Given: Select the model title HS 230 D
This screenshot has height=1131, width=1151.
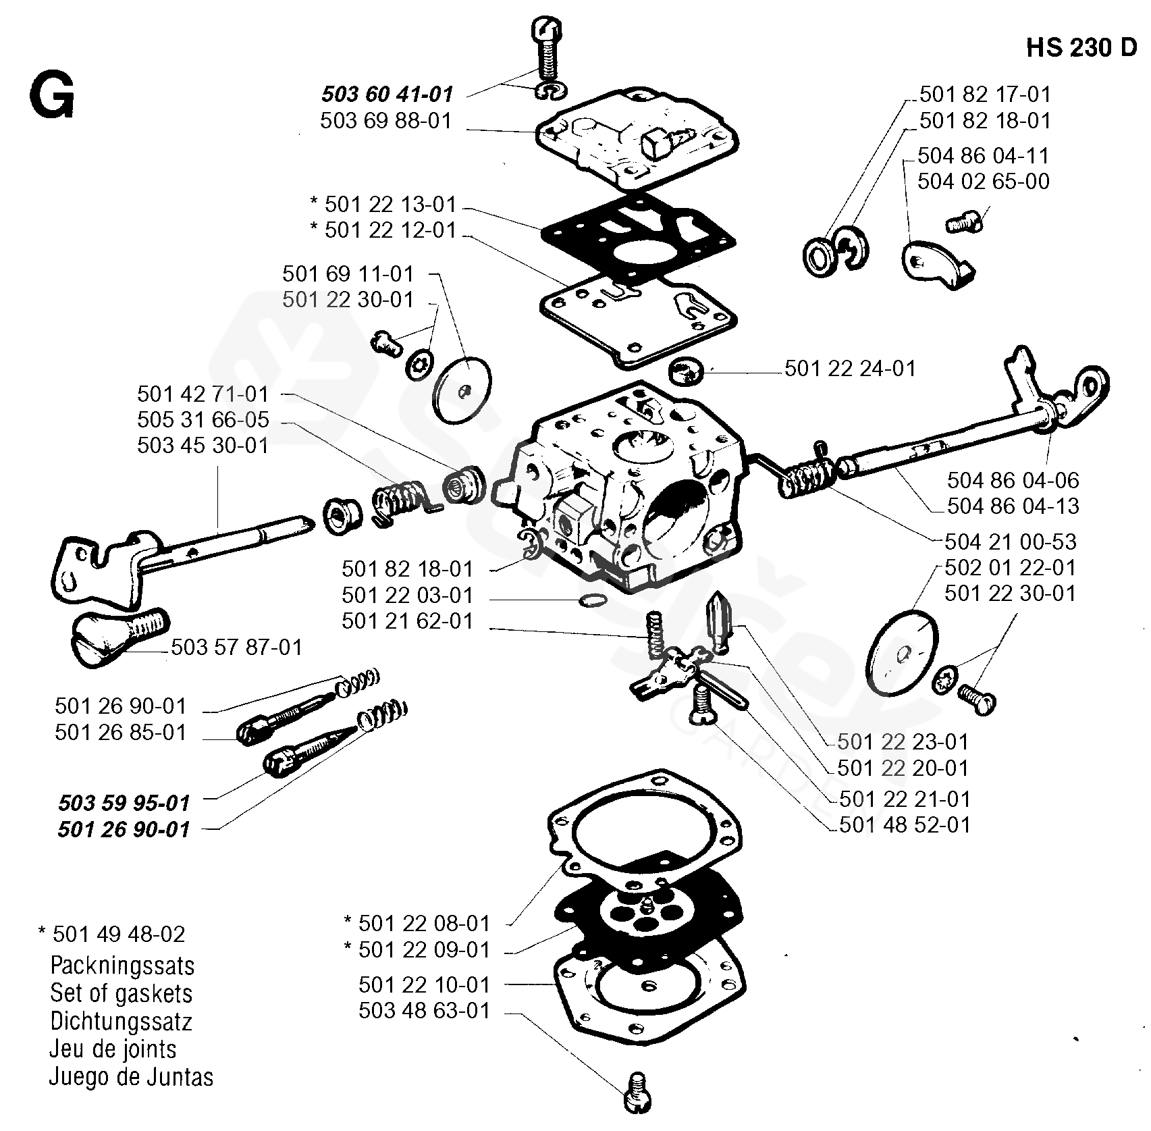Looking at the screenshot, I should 1081,49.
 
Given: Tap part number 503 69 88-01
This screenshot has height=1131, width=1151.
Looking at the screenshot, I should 385,121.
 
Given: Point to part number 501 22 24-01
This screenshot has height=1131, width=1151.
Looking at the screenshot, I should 850,368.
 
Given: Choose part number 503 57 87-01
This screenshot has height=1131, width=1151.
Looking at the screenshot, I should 236,647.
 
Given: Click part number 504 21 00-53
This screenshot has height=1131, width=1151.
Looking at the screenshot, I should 1011,542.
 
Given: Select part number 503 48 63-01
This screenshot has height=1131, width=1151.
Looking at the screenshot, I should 424,1011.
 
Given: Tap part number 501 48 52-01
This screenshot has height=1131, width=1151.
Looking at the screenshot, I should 904,824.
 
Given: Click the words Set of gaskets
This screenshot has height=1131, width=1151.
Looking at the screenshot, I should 121,993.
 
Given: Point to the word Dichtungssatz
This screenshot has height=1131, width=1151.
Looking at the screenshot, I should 121,1021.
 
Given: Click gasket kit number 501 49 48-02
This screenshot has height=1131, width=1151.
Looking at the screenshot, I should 118,934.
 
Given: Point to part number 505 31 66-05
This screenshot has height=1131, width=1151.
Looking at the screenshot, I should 203,419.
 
